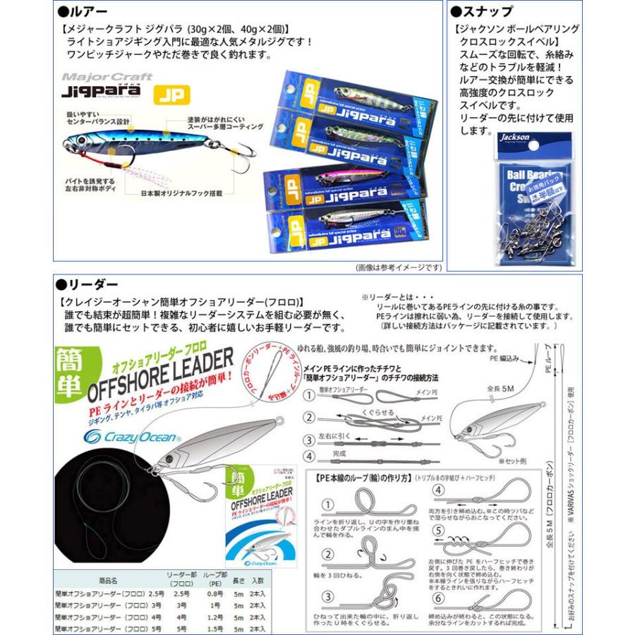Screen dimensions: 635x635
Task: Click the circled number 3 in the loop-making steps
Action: [327, 594]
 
